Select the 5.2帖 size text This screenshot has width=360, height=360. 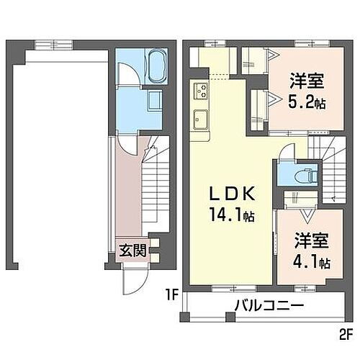307,103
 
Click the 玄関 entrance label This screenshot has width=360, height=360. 132,251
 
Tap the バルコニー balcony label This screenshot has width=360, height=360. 268,307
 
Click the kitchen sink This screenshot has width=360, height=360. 200,118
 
